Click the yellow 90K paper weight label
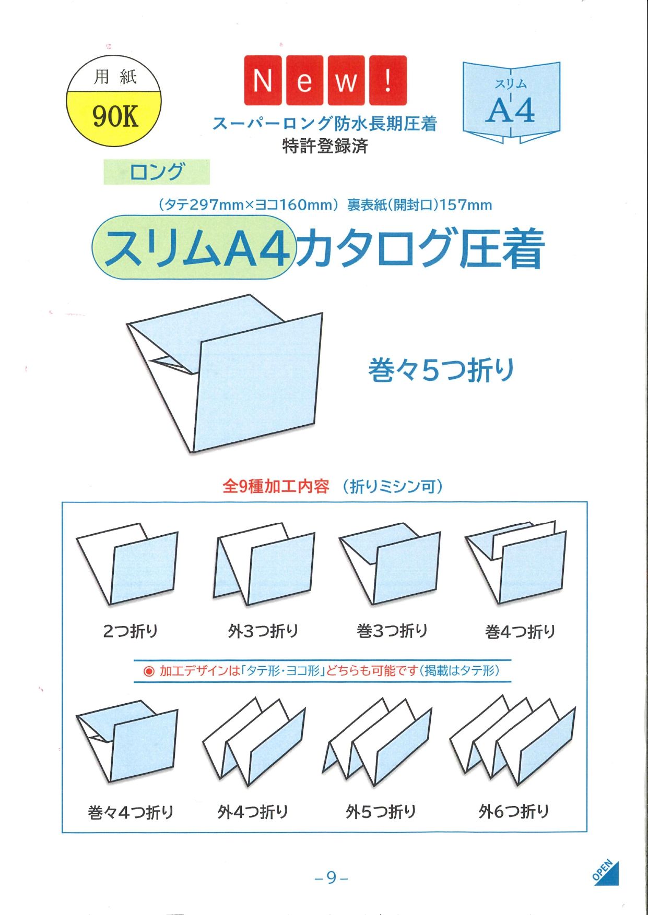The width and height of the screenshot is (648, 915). coord(114,116)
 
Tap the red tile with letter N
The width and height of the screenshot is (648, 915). coord(263,80)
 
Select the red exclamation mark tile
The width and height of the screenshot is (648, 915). coord(387,80)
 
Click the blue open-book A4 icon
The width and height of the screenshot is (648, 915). coord(511,102)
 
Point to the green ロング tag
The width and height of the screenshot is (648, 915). coord(157,172)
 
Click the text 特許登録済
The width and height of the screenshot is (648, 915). coord(325,146)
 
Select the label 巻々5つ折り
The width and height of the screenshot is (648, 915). coord(441,370)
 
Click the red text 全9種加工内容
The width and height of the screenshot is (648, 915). coord(276,486)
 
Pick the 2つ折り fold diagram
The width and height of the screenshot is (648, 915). coord(127,564)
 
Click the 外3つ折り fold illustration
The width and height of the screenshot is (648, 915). coord(264,564)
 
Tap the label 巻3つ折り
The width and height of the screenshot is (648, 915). coord(392,631)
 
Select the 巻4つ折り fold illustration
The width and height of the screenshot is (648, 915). coord(516,562)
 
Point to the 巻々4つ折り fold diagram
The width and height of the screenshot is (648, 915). coord(127,741)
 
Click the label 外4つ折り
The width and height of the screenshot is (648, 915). coord(253,811)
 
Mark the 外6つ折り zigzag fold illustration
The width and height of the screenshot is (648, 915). coord(512,740)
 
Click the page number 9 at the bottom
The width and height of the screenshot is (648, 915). coord(332,878)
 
